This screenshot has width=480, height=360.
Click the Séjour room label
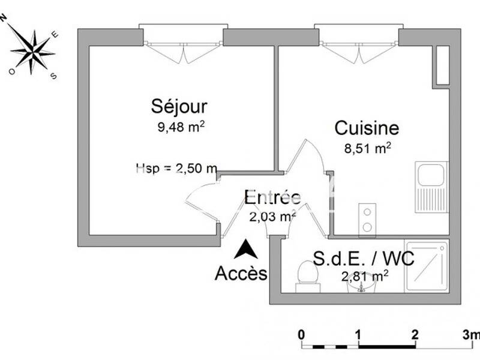pos(178,107)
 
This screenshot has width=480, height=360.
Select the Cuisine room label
pos(366,128)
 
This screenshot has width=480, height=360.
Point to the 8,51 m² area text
pos(368,147)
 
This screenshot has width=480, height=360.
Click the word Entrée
pos(272,197)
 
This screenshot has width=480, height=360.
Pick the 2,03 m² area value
pos(272,217)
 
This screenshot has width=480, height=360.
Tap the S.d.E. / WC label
pos(364,259)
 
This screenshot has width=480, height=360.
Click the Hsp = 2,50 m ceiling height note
pos(176,169)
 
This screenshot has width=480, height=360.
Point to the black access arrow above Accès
pos(245,249)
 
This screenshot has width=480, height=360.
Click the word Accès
pos(241,274)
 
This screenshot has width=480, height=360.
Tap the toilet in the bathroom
pos(307,277)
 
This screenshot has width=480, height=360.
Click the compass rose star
pos(32,49)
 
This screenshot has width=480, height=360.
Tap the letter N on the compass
pos(4,18)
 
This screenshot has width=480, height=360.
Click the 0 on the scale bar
pos(301,334)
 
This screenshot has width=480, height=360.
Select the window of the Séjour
pos(183,36)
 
